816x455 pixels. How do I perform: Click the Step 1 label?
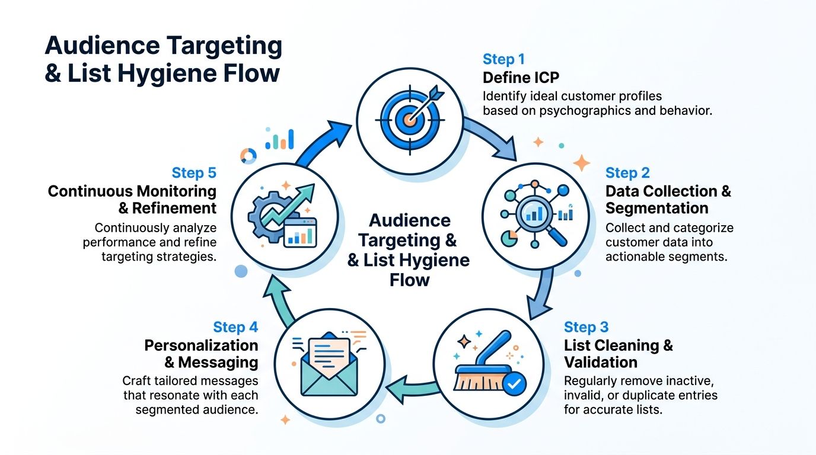(x=503, y=59)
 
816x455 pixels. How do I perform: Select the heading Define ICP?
(x=521, y=78)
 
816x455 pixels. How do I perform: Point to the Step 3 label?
(x=586, y=327)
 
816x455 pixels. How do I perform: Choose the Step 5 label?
(x=194, y=173)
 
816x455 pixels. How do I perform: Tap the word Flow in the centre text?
(x=409, y=280)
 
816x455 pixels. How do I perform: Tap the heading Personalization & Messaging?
(x=202, y=353)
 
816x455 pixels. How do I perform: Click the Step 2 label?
(x=627, y=173)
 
